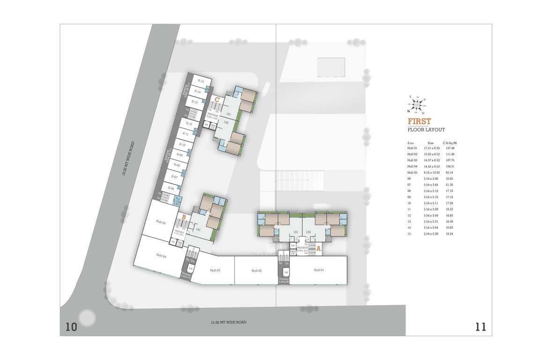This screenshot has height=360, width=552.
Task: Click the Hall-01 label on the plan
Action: [x=319, y=270]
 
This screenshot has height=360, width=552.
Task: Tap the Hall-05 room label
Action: [x=161, y=223]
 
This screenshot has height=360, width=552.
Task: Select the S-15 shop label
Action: [x=201, y=81]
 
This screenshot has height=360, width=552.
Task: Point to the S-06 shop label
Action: [x=172, y=188]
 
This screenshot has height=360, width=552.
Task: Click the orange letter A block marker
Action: [x=318, y=249]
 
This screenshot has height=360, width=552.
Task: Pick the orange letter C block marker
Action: [x=217, y=99]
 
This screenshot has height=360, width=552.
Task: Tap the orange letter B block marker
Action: [x=184, y=217]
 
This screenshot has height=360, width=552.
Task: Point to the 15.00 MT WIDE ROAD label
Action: [x=228, y=322]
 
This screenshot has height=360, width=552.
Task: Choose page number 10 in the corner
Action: [x=71, y=327]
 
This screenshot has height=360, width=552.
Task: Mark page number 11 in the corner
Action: [x=480, y=327]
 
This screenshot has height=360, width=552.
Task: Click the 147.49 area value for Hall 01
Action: [x=449, y=148]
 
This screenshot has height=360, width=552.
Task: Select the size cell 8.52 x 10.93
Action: [x=432, y=172]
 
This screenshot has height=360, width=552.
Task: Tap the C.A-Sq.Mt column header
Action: [x=449, y=142]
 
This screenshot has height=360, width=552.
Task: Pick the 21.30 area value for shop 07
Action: [x=449, y=185]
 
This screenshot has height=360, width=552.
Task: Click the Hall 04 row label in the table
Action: [x=412, y=166]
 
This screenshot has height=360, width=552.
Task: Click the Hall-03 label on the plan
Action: [x=215, y=270]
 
